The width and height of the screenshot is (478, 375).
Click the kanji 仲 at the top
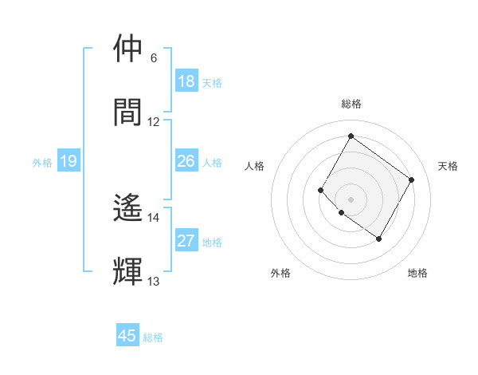pos(127,49)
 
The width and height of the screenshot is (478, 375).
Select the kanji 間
pos(127,112)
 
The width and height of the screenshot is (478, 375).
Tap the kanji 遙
pos(127,209)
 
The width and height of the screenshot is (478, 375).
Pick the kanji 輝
pos(127,272)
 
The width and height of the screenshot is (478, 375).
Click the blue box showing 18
pos(186,81)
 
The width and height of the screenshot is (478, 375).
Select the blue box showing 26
pos(186,161)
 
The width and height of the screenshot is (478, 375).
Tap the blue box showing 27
pos(186,241)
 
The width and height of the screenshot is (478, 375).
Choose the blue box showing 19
pos(68,161)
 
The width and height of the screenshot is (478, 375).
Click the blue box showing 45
pos(127,336)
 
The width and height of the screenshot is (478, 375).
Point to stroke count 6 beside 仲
pos(154,58)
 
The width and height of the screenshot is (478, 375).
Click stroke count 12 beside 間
pos(154,122)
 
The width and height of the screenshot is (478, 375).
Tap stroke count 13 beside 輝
pos(154,282)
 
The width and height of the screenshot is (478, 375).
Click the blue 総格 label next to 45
pos(153,337)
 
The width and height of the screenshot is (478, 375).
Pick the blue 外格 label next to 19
pos(42,163)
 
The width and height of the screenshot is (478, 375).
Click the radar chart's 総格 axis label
pos(351,104)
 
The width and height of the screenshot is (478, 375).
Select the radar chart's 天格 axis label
pos(448,166)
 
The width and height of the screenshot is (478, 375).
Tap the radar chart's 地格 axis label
pos(417,273)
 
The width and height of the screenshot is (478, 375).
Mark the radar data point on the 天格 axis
pos(411,180)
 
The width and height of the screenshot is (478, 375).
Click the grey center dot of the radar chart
pos(351,199)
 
